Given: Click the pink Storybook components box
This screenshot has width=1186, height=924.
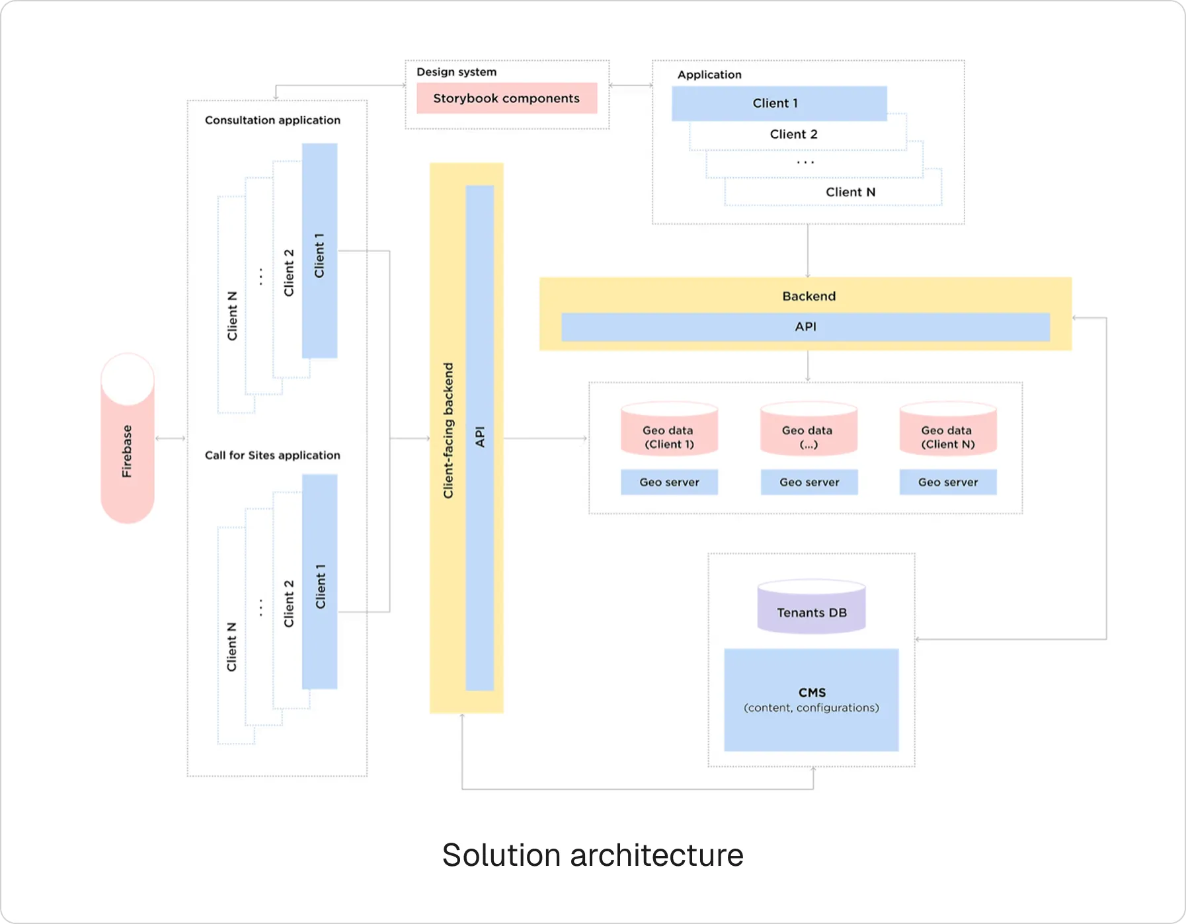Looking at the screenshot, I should coord(506,98).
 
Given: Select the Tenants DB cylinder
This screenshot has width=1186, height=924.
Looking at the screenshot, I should coord(811,608).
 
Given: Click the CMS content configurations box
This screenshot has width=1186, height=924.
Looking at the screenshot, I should coord(811,700).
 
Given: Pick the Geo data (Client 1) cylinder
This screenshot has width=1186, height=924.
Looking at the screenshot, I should coord(669,431).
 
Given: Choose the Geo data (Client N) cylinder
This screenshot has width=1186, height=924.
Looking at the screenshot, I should coord(947,431).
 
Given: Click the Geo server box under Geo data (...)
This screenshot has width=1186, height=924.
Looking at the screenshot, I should coord(809,482).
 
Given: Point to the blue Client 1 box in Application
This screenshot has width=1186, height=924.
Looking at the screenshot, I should coord(779,103).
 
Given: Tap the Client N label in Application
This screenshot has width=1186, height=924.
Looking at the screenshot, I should coord(850,192).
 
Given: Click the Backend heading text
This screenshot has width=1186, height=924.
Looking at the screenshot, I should coord(809,296).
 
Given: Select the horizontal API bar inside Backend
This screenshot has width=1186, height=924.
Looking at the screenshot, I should coord(805,327).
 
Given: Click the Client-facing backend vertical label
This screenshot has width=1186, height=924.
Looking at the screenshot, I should coord(449,430).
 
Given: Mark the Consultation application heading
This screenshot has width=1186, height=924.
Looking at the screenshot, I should coord(272,120).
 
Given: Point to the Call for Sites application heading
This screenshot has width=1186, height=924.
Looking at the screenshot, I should coord(272,455).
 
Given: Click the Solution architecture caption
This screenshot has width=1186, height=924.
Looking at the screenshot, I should coord(592,855).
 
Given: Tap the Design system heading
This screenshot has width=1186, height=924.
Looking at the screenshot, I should coord(456,72).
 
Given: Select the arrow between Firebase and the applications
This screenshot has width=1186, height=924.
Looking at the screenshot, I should coord(171,438).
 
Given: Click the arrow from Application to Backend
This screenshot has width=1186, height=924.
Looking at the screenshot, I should coord(808,251).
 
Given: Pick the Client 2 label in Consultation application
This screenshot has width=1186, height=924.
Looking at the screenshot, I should coord(289,273).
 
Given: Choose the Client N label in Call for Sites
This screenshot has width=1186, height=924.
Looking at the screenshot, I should coord(232,647).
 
